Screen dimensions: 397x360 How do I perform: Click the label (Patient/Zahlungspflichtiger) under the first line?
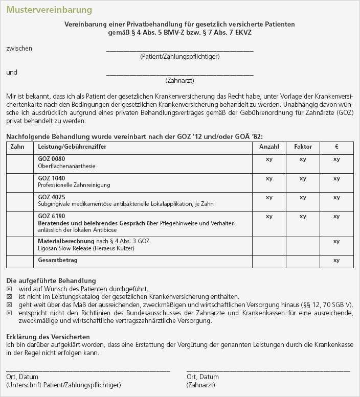(179, 57)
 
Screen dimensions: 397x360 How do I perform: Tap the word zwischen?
(19, 49)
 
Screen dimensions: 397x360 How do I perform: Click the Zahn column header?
(17, 147)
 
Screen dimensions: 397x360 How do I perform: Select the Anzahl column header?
(269, 147)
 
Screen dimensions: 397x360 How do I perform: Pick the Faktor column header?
(303, 147)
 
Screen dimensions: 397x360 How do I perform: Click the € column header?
(336, 147)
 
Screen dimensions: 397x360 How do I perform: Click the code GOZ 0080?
(52, 159)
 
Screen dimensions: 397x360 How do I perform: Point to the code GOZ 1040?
(52, 178)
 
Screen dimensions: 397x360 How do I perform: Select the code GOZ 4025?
(52, 197)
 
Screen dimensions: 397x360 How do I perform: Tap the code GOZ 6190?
(52, 216)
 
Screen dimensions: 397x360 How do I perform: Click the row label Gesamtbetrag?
(57, 260)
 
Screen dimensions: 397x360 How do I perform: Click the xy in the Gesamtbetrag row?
(336, 261)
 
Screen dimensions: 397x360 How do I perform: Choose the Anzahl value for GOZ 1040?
(269, 178)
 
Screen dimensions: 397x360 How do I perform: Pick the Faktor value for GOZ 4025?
(303, 197)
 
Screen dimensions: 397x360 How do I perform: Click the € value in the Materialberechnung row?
(336, 241)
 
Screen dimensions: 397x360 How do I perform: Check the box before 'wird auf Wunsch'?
(9, 289)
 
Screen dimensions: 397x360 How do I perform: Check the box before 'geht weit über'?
(9, 304)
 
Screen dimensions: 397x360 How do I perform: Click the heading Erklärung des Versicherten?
(48, 337)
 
